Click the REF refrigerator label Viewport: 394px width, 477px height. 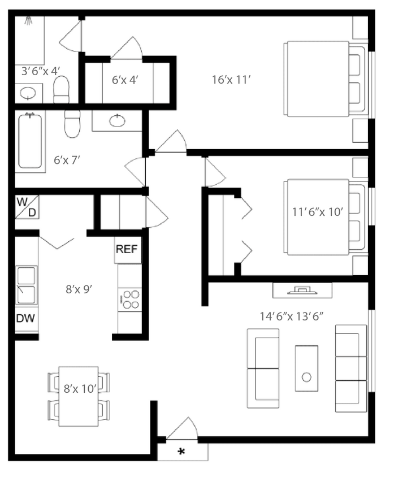pyautogui.click(x=127, y=250)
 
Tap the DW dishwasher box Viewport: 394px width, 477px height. pyautogui.click(x=25, y=318)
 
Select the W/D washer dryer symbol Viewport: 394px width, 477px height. pyautogui.click(x=27, y=207)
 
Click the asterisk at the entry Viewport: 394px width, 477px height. pyautogui.click(x=182, y=452)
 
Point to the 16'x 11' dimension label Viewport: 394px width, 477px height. pyautogui.click(x=231, y=80)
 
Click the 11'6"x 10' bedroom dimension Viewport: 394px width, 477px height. pyautogui.click(x=318, y=212)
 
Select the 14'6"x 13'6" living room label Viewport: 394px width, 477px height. pyautogui.click(x=291, y=316)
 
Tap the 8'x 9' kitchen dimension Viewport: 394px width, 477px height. pyautogui.click(x=79, y=289)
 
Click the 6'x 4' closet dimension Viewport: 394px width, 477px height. pyautogui.click(x=125, y=80)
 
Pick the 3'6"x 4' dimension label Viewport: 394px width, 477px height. pyautogui.click(x=41, y=71)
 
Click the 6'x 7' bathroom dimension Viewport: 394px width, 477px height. pyautogui.click(x=67, y=160)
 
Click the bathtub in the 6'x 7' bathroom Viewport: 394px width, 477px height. pyautogui.click(x=31, y=141)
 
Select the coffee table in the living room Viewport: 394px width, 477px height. pyautogui.click(x=306, y=368)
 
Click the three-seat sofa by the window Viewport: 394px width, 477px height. pyautogui.click(x=350, y=368)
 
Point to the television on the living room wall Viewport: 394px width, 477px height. pyautogui.click(x=302, y=290)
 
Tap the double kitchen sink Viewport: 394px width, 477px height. pyautogui.click(x=26, y=285)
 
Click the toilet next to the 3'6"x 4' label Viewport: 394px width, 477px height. pyautogui.click(x=61, y=90)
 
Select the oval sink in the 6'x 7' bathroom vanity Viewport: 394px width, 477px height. pyautogui.click(x=117, y=120)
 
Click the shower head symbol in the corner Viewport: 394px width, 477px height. pyautogui.click(x=28, y=21)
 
